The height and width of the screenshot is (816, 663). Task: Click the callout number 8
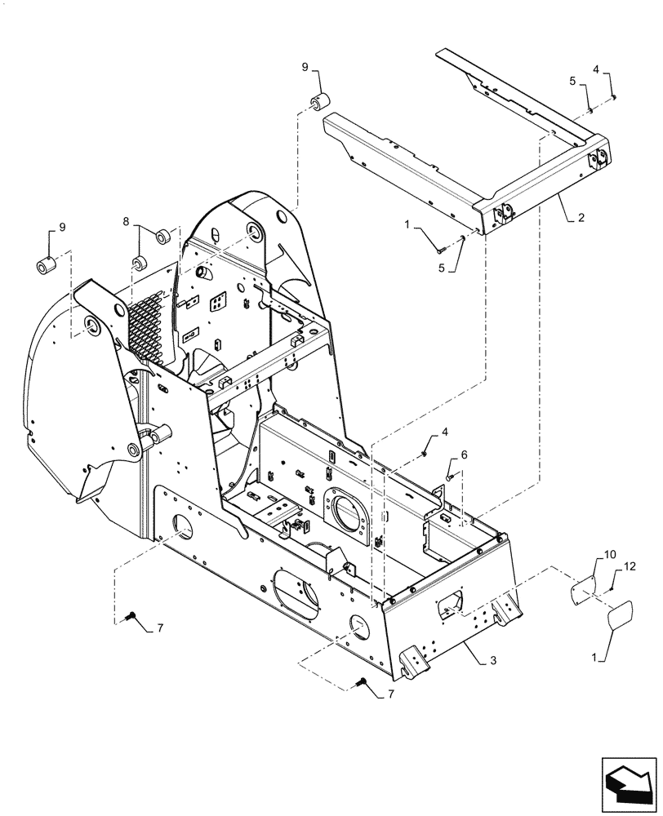pos(127,220)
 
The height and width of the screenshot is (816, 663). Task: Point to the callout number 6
pos(465,455)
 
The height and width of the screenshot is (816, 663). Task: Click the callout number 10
pos(610,556)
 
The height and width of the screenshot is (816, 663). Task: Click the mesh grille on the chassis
pos(152,326)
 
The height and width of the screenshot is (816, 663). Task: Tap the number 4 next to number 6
pos(445,431)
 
